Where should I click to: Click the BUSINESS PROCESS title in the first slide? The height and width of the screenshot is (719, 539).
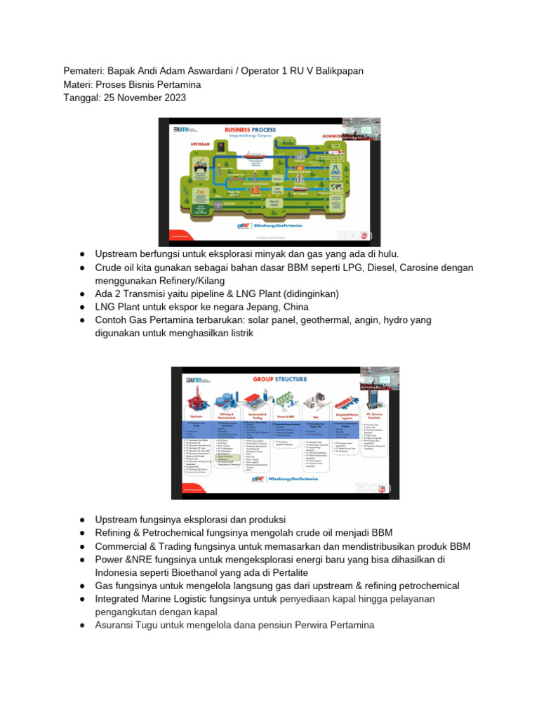(250, 130)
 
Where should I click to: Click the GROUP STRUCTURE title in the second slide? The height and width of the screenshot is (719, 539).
(280, 378)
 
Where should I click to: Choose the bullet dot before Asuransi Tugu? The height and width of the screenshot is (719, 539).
(82, 625)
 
